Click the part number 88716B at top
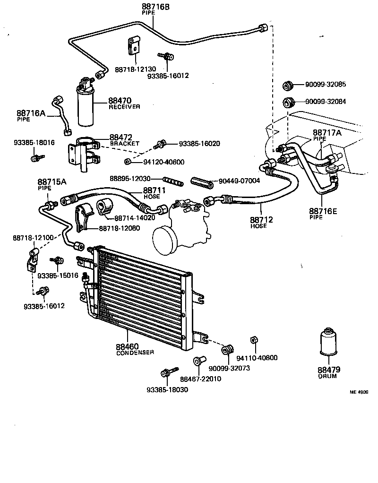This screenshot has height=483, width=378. (154, 7)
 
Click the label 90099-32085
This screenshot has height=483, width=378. (325, 85)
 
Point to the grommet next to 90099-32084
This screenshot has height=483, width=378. (288, 102)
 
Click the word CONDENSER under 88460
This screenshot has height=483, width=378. (135, 352)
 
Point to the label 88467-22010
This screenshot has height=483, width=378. (200, 379)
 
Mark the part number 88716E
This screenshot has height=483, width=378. (323, 211)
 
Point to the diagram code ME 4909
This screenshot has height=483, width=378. (359, 392)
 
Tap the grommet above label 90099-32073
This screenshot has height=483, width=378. (227, 350)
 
